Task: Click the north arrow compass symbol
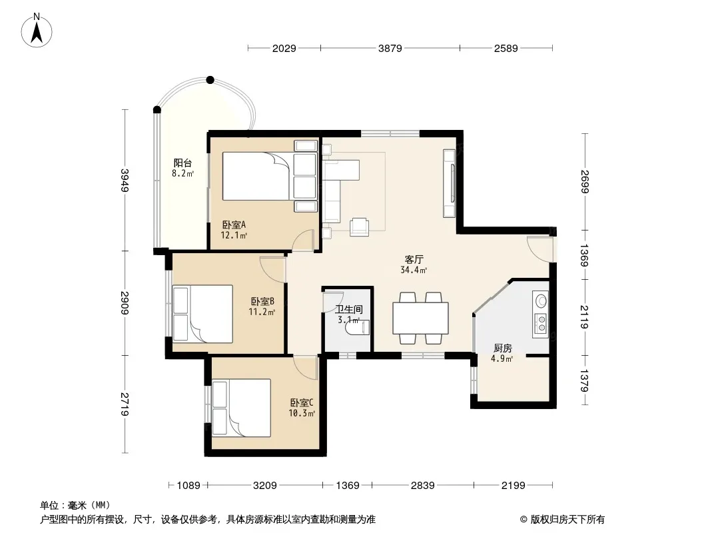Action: click(37, 30)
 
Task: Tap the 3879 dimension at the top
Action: click(390, 48)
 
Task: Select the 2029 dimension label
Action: click(284, 48)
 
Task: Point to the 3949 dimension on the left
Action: click(125, 181)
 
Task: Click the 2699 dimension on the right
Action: click(584, 182)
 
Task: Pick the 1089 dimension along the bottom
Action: click(188, 486)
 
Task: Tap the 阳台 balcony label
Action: click(182, 163)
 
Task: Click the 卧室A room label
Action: click(234, 225)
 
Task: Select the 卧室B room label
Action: click(262, 301)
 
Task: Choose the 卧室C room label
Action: click(302, 402)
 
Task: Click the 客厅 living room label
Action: click(414, 259)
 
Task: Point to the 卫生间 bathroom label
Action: click(348, 310)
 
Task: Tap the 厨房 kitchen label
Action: click(503, 348)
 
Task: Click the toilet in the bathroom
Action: click(359, 328)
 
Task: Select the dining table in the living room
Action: click(421, 318)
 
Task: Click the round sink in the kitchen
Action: click(541, 300)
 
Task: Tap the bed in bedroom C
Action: click(241, 408)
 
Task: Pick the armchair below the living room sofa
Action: click(359, 227)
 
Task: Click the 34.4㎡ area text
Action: click(414, 270)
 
